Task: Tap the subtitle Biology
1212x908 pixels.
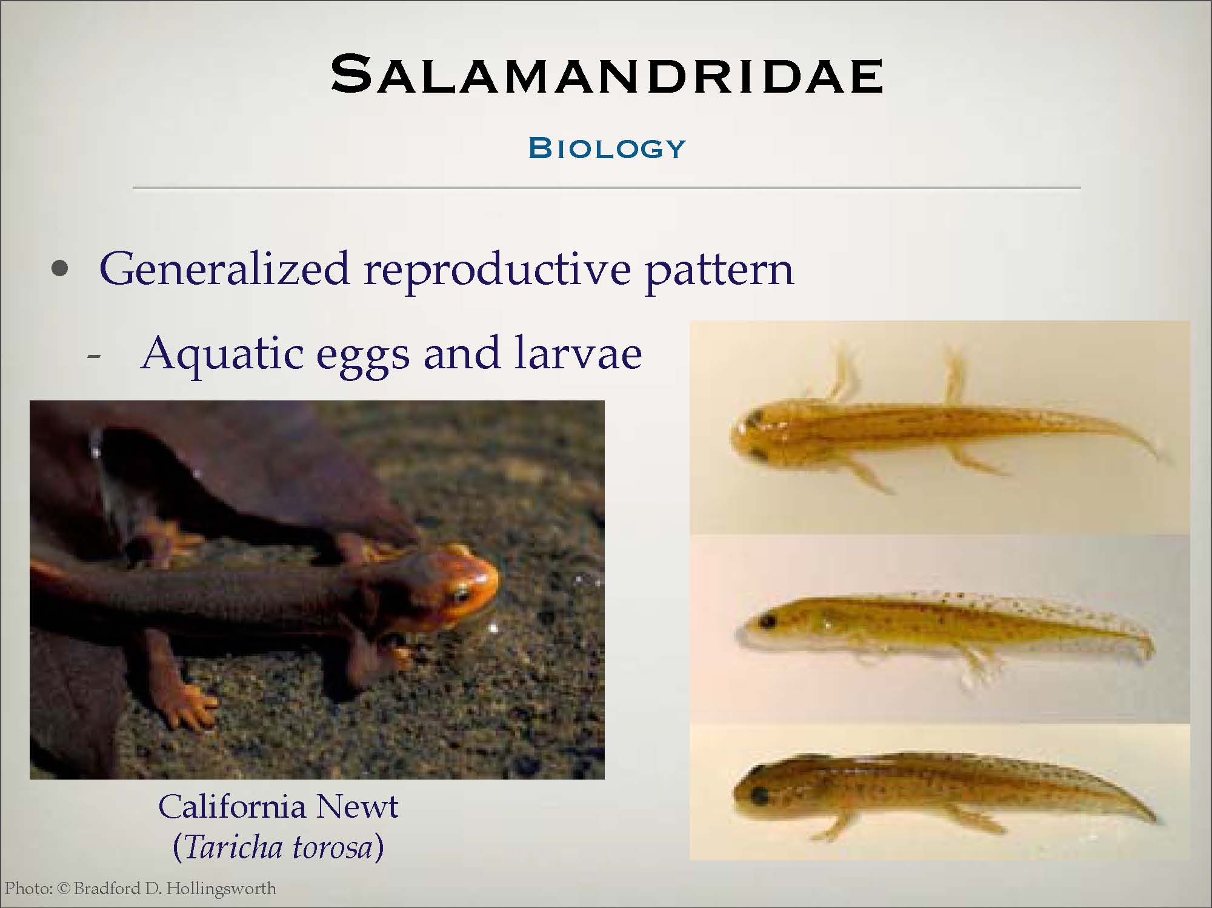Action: pyautogui.click(x=607, y=148)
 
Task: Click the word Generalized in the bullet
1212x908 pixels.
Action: pyautogui.click(x=224, y=269)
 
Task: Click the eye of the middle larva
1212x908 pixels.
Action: pyautogui.click(x=768, y=620)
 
